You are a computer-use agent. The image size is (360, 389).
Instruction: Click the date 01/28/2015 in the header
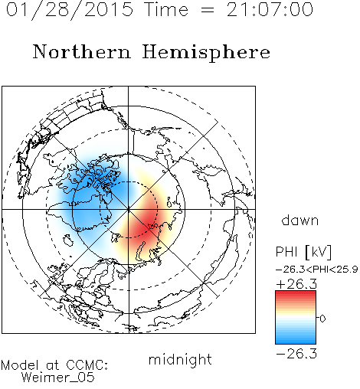click(70, 10)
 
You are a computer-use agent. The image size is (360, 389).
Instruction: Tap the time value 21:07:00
click(270, 9)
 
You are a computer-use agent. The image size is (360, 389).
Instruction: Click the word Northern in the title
click(82, 51)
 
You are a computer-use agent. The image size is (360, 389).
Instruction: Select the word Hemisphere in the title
click(206, 53)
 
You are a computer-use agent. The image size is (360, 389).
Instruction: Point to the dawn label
click(300, 221)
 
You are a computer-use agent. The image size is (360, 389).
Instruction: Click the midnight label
click(180, 360)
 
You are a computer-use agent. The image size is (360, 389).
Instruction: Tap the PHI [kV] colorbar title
click(303, 252)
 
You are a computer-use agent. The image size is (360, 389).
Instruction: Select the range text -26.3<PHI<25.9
click(316, 270)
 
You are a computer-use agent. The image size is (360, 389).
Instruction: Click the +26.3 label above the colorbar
click(296, 284)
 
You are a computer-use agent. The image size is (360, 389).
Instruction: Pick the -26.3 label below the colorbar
click(296, 354)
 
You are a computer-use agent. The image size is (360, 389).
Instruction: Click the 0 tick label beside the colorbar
click(322, 319)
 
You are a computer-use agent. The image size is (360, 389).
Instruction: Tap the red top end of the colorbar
click(296, 293)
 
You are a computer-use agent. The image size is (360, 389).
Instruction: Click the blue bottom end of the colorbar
click(296, 342)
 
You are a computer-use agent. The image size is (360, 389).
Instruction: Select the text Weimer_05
click(58, 378)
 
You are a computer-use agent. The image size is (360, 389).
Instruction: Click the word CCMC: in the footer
click(87, 365)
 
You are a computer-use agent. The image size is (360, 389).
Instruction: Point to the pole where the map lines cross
click(129, 210)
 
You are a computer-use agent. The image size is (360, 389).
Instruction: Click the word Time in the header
click(166, 9)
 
